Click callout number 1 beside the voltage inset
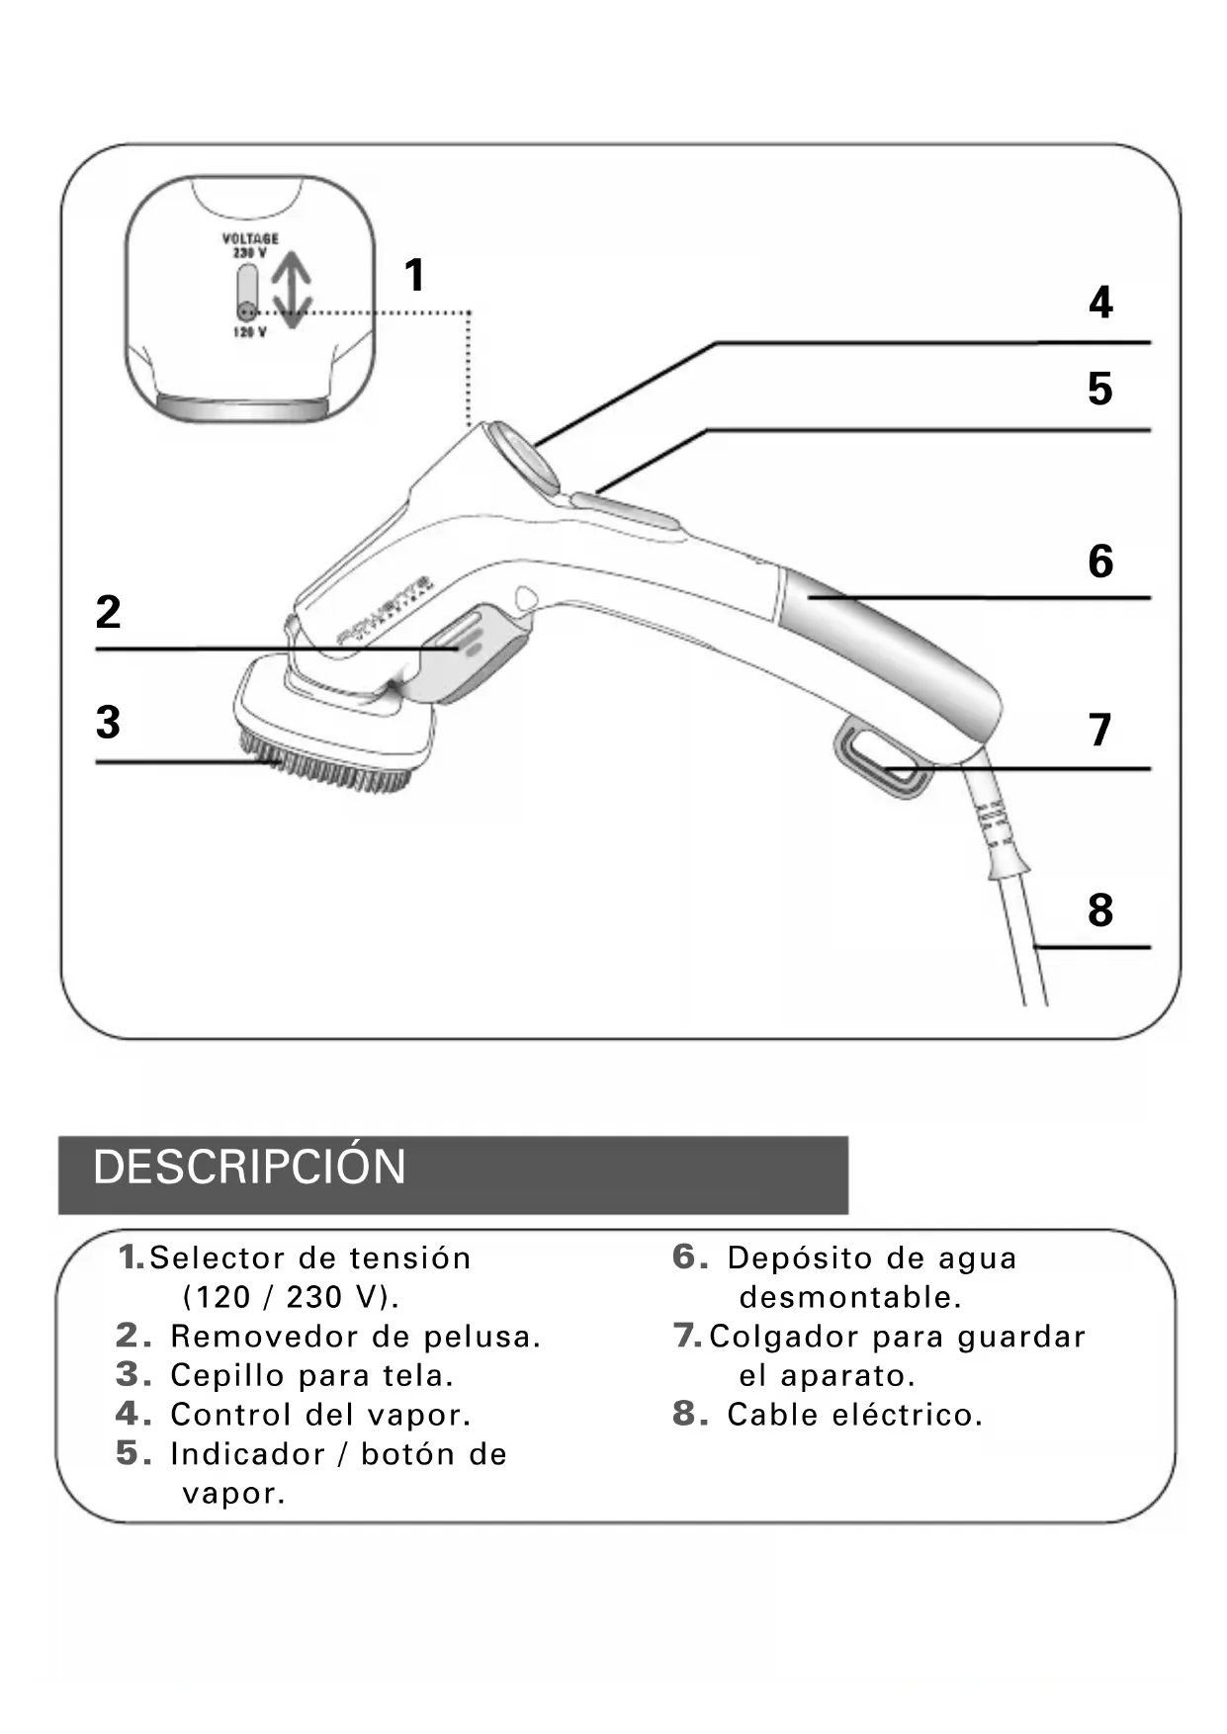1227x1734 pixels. [415, 275]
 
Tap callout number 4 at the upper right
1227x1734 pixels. [1100, 303]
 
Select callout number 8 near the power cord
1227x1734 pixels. [1100, 910]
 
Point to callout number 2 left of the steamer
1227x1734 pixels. [108, 612]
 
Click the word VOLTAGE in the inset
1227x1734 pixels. [250, 238]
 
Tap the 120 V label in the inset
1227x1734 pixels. [249, 333]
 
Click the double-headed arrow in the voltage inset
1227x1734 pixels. [293, 289]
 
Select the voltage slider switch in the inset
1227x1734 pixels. [247, 292]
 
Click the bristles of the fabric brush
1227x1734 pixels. [326, 766]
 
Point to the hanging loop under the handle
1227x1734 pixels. [884, 759]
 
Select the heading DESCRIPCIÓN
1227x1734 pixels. [249, 1168]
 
